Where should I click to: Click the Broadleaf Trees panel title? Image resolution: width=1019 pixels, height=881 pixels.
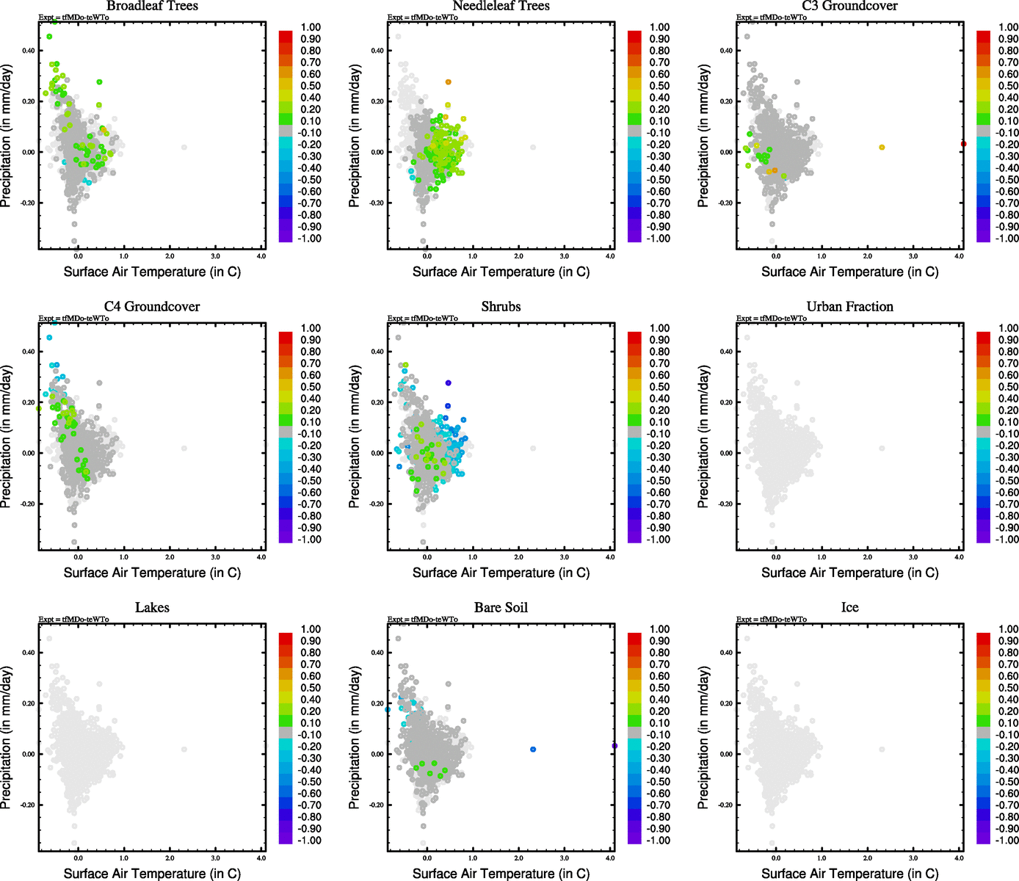click(x=152, y=6)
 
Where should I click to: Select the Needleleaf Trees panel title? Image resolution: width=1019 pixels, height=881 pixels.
click(x=501, y=6)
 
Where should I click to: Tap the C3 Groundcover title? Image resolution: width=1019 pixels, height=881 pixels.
click(x=849, y=6)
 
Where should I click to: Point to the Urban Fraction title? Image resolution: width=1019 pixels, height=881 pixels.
click(x=849, y=307)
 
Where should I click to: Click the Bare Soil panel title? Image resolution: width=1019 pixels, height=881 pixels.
click(x=501, y=608)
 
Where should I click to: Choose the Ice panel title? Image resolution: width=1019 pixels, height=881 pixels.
click(x=849, y=608)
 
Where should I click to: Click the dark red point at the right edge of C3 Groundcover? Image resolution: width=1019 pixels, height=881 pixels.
click(x=963, y=144)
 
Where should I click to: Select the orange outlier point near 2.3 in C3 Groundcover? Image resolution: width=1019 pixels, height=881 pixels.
click(x=882, y=148)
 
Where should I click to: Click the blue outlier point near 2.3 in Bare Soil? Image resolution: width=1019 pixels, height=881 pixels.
click(x=533, y=750)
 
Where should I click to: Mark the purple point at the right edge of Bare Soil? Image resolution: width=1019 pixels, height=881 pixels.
click(x=614, y=746)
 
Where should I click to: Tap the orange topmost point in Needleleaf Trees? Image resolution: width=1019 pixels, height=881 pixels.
click(x=448, y=82)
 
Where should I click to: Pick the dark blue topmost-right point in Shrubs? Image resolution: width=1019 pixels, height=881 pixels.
click(x=448, y=383)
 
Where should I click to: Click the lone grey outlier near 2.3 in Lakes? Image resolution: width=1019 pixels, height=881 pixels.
click(x=184, y=750)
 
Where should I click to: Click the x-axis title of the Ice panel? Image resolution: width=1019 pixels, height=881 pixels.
click(x=849, y=874)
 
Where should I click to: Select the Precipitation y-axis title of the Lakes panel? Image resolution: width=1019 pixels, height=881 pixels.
click(x=7, y=738)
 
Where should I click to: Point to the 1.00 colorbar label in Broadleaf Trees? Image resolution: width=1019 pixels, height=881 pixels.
click(x=311, y=27)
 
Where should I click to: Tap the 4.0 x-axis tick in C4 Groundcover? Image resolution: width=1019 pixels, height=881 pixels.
click(x=261, y=557)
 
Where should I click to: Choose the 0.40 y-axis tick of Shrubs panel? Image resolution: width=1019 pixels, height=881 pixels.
click(x=377, y=352)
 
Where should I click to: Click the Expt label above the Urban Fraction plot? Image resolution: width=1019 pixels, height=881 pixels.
click(x=772, y=319)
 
